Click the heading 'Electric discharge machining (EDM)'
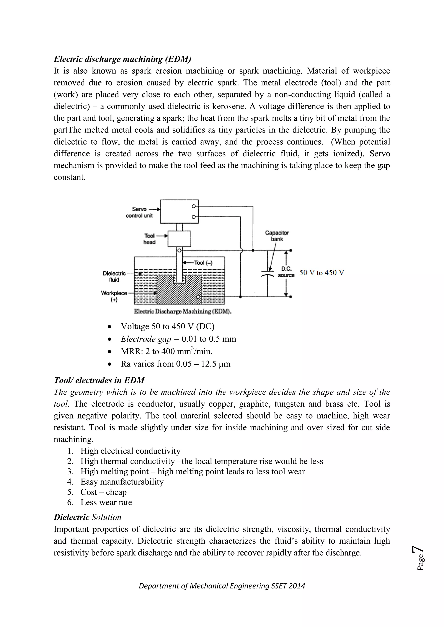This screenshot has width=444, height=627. [122, 59]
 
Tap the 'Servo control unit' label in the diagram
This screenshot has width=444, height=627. [139, 212]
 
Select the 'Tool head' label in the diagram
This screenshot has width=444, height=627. [150, 239]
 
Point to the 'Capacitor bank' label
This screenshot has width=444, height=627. [277, 236]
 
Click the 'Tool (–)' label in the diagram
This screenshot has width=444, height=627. [203, 263]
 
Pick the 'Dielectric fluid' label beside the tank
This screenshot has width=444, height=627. [114, 276]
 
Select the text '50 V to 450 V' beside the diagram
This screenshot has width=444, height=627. [322, 273]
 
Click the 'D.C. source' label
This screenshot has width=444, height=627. [286, 272]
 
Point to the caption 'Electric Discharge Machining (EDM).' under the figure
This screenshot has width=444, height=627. [183, 312]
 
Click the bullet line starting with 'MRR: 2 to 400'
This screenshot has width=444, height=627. [166, 351]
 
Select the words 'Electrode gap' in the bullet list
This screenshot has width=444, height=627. [146, 339]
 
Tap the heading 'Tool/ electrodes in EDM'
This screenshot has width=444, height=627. [99, 380]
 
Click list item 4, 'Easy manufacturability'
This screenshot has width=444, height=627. [122, 482]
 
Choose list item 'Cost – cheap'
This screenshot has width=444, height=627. [103, 492]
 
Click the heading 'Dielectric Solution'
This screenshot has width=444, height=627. [88, 517]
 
